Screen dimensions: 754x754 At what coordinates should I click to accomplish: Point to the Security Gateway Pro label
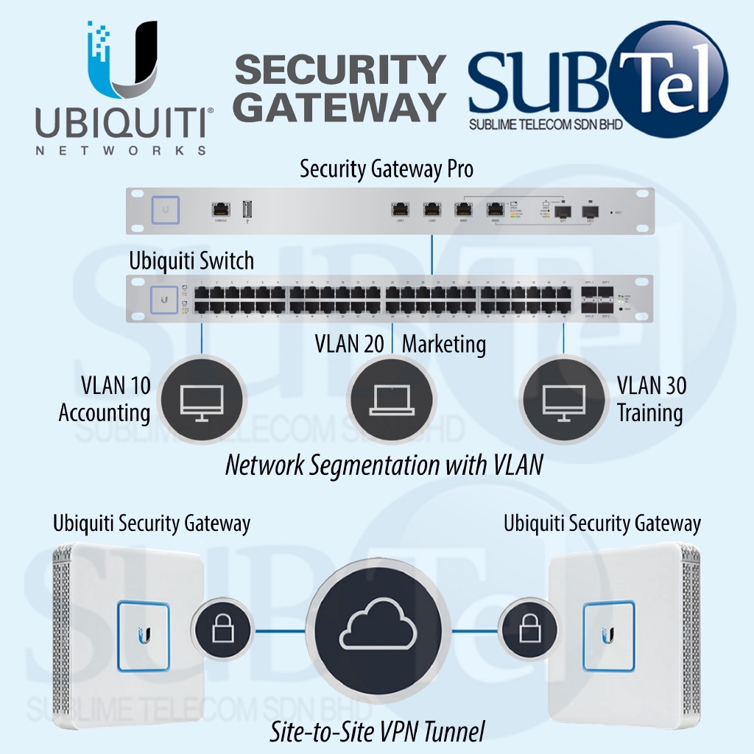click(387, 169)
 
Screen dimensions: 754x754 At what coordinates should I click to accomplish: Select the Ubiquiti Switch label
click(191, 261)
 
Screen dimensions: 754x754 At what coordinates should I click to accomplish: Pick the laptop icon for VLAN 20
click(393, 399)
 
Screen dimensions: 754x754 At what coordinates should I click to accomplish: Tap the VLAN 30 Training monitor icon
click(563, 399)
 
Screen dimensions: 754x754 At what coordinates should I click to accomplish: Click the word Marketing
click(444, 344)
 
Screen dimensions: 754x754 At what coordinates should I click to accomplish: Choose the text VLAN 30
click(652, 385)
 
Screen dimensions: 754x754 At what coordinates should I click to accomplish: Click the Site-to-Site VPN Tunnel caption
click(377, 731)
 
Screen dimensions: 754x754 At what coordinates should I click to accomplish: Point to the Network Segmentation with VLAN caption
click(384, 465)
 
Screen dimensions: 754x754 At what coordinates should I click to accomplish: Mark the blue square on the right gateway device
click(608, 635)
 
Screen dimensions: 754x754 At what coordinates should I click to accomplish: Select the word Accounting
click(105, 413)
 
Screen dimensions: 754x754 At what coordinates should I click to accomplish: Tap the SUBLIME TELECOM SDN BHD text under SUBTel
click(546, 124)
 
